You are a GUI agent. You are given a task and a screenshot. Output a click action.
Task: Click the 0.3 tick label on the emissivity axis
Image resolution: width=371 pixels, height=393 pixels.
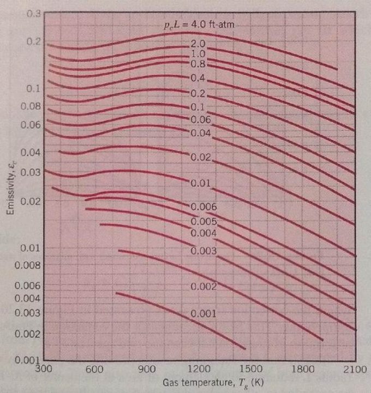click(x=34, y=13)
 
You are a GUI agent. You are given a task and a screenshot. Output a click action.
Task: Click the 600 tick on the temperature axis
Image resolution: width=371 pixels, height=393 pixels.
click(x=95, y=369)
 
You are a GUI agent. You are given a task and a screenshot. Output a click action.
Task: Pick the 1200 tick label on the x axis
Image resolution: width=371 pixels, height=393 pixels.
click(x=200, y=369)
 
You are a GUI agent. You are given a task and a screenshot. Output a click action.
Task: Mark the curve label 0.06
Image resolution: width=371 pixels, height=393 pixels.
click(x=200, y=119)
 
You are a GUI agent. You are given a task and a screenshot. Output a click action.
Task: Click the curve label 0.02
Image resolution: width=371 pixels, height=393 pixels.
click(x=200, y=157)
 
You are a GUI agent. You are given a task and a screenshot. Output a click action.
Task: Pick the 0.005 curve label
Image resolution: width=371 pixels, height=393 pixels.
click(x=204, y=222)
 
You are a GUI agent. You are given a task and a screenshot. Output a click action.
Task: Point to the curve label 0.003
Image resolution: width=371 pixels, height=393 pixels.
click(x=204, y=251)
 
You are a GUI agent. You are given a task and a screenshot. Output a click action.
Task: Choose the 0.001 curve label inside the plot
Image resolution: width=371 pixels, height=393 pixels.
click(x=204, y=314)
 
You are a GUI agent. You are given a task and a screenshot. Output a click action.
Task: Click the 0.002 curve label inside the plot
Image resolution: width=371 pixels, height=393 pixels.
click(x=204, y=286)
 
